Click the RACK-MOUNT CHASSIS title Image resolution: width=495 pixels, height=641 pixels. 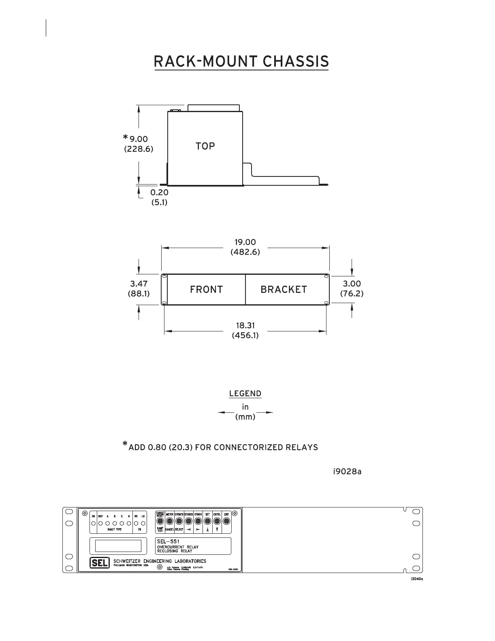click(241, 62)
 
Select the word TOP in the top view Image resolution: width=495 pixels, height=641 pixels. click(205, 146)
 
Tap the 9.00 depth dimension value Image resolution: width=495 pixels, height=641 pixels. click(139, 139)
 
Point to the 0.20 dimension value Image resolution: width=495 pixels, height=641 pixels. click(159, 192)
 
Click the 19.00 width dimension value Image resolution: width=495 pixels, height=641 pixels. click(245, 242)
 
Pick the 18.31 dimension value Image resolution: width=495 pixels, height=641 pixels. click(245, 325)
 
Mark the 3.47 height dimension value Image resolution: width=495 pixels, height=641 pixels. click(139, 284)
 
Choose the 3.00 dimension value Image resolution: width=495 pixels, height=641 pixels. click(352, 284)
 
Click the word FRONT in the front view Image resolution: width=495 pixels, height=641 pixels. click(206, 290)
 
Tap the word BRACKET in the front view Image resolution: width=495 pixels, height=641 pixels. click(284, 290)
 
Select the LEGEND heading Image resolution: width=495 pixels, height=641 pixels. click(245, 394)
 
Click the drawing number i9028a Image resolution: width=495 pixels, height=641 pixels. click(347, 471)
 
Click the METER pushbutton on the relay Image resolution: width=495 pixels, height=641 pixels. click(169, 520)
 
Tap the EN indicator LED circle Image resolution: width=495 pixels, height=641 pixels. click(94, 523)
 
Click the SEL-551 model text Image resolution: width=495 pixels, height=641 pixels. click(168, 541)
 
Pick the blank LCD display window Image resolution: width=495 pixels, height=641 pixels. click(118, 546)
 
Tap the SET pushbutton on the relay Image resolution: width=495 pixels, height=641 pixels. click(207, 520)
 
